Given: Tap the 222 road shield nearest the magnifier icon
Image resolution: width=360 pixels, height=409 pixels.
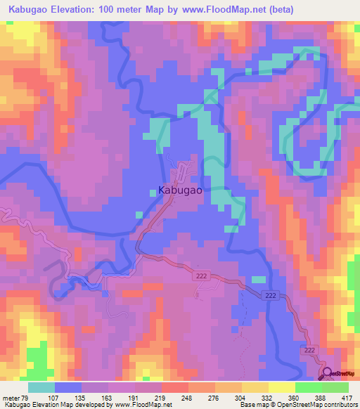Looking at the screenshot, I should (x=308, y=349).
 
